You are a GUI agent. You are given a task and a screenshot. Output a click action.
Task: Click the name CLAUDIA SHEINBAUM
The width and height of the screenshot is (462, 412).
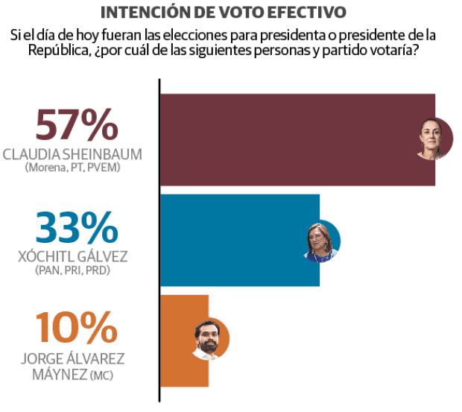click(x=72, y=154)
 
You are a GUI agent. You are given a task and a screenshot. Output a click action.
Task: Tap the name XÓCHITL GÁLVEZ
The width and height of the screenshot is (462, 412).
click(x=72, y=256)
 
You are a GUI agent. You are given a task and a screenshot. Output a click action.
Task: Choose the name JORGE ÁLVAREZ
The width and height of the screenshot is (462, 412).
click(x=72, y=357)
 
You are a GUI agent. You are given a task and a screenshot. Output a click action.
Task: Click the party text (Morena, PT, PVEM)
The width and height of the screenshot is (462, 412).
click(x=72, y=168)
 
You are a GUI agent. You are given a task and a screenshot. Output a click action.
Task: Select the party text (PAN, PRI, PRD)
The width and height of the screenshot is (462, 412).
click(x=72, y=270)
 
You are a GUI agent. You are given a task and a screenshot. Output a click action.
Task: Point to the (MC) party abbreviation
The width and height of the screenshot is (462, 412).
click(x=101, y=376)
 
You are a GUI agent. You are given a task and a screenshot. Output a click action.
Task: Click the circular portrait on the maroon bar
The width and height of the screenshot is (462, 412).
click(x=434, y=138)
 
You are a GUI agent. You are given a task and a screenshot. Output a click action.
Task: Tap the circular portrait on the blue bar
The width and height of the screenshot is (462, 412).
click(x=322, y=242)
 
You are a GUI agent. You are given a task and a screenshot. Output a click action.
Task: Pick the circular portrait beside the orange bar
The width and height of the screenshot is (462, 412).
click(x=209, y=340)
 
